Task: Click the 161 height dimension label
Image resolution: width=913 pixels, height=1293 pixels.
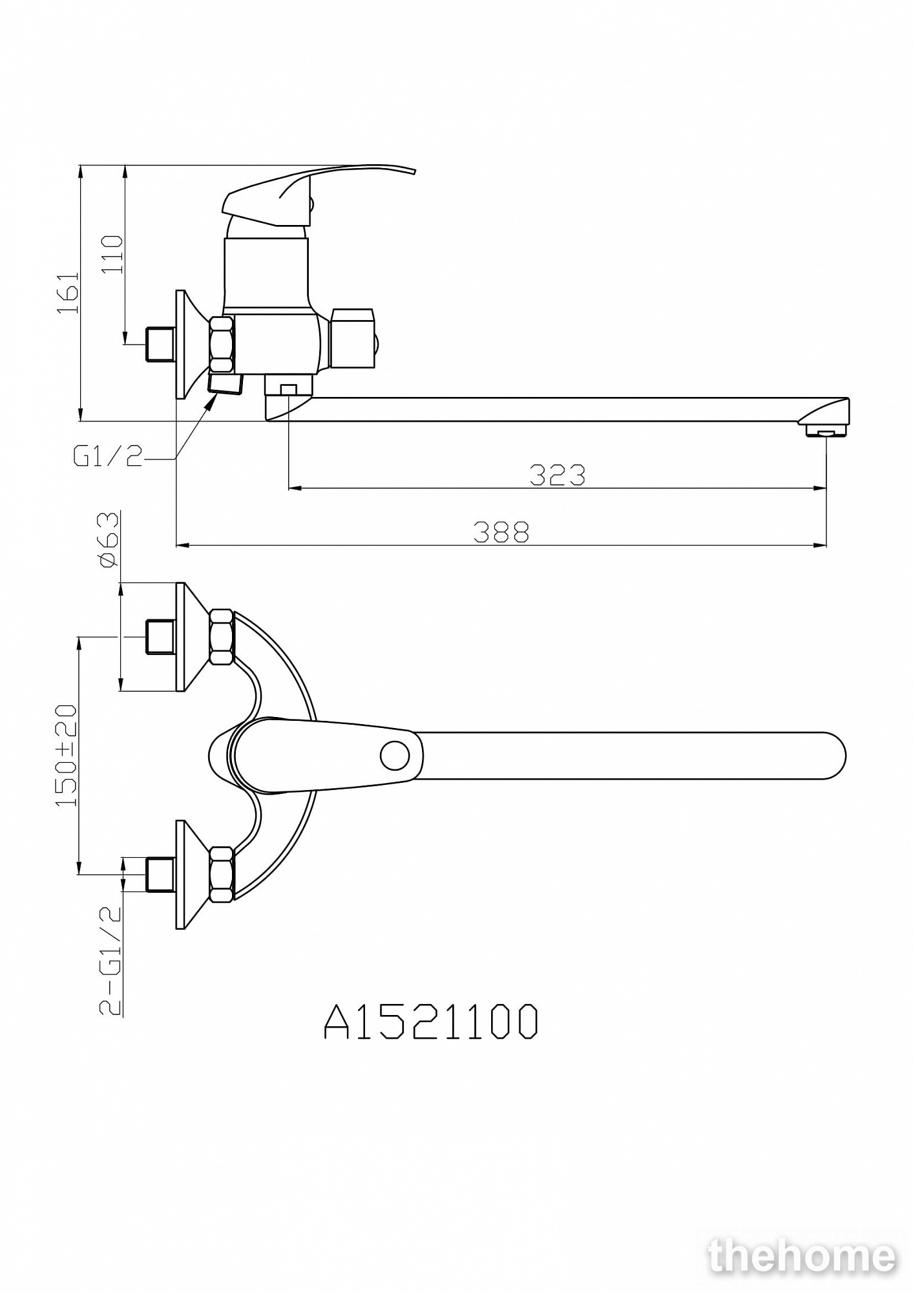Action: (x=69, y=293)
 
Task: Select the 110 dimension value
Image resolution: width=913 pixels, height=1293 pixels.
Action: (x=112, y=254)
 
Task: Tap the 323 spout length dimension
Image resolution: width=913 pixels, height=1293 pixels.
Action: (x=557, y=475)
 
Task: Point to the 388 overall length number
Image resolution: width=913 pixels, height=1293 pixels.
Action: (x=501, y=532)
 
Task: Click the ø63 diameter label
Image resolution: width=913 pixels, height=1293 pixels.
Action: (x=109, y=540)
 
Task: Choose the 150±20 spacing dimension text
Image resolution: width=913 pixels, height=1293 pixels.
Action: (x=67, y=755)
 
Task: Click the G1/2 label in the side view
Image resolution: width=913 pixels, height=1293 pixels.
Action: (x=108, y=457)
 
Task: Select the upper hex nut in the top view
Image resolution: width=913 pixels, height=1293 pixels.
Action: (x=222, y=637)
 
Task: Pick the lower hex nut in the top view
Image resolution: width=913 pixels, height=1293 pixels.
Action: (x=222, y=874)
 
